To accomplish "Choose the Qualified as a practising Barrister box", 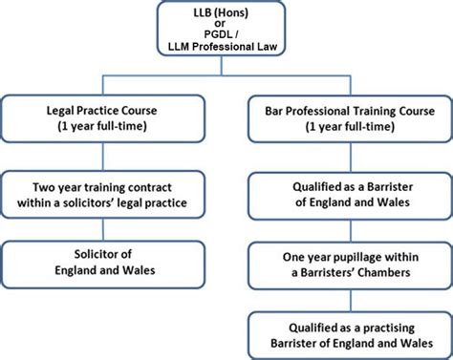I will pyautogui.click(x=342, y=332).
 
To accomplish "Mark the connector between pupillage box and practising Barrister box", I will pyautogui.click(x=342, y=301).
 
